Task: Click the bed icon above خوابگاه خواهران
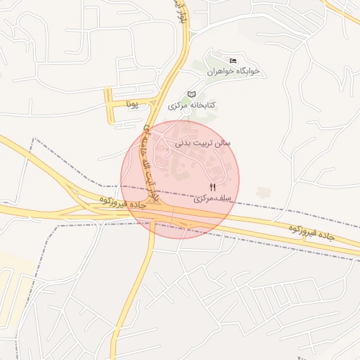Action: (233, 60)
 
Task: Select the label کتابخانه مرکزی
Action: (192, 105)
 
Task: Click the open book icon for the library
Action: (191, 94)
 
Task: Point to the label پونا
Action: (133, 105)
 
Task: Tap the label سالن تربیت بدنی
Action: (207, 142)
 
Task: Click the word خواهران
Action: (221, 71)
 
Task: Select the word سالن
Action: (224, 142)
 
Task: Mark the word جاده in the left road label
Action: (137, 204)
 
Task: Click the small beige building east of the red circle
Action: (264, 191)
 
